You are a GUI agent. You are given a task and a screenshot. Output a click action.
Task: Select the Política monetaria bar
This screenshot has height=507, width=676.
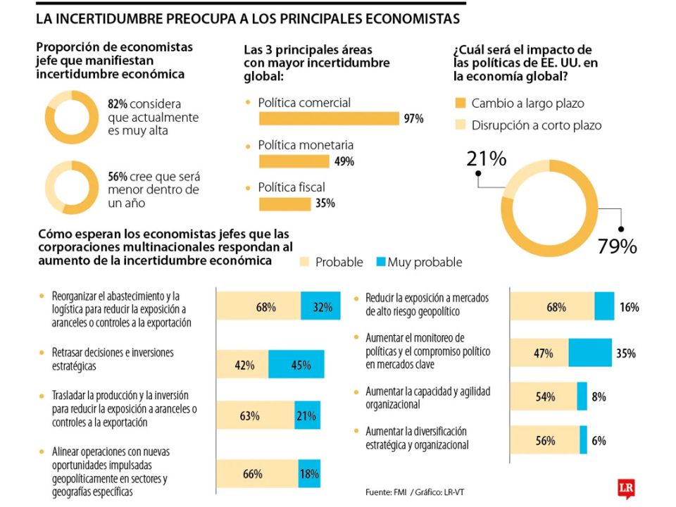tap(294, 161)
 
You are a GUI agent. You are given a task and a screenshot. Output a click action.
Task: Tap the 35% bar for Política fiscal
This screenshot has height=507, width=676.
tap(284, 204)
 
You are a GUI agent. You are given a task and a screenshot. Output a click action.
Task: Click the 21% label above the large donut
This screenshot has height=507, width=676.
tap(486, 159)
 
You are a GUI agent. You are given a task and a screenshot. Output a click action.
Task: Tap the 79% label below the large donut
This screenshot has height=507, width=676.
tap(618, 246)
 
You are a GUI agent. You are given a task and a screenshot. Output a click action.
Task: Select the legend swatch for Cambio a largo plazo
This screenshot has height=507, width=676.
tap(461, 104)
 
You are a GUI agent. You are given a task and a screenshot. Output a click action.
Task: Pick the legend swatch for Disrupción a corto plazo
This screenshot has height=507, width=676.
tap(461, 125)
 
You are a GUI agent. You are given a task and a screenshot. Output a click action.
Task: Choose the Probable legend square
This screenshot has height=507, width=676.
tap(305, 262)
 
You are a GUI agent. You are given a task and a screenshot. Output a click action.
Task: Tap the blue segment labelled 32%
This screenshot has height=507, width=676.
tap(321, 307)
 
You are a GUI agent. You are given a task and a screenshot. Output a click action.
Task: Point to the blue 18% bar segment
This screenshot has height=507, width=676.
tap(309, 474)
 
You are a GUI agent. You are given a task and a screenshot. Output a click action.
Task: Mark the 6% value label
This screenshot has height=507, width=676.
tap(599, 441)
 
